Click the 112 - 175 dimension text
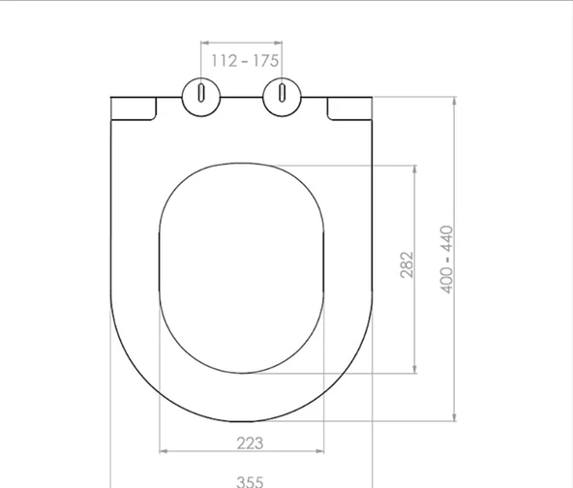point(245,61)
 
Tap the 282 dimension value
point(407,264)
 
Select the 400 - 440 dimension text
point(447,259)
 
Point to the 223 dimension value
point(250,443)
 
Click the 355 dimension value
point(250,481)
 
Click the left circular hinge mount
point(201,97)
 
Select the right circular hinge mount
point(282,97)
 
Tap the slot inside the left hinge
point(201,93)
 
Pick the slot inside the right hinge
point(282,93)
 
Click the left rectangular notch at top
point(134,108)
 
